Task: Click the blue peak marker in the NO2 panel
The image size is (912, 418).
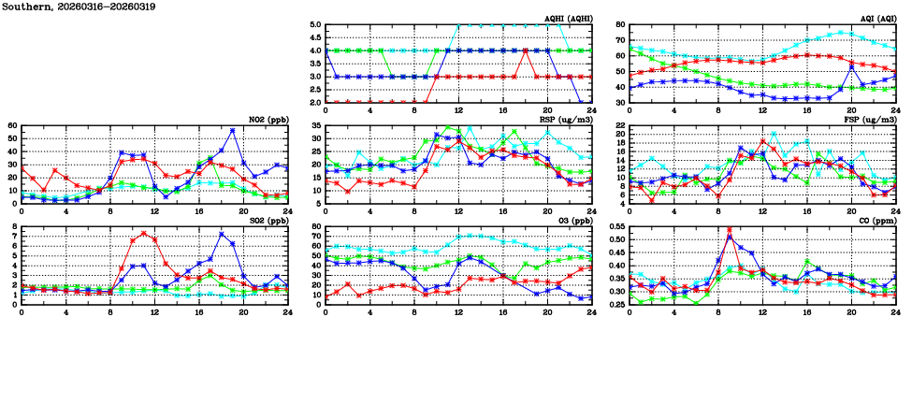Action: (x=232, y=131)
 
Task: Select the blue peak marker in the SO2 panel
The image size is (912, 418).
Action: (x=221, y=234)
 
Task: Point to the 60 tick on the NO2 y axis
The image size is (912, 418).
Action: (x=12, y=125)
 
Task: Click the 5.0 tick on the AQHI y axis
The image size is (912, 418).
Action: (x=315, y=25)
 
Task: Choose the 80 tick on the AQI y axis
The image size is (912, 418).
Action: (x=619, y=25)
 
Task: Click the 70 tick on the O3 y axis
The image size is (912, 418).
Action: (x=315, y=236)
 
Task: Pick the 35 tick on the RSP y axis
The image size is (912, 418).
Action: (x=315, y=126)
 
